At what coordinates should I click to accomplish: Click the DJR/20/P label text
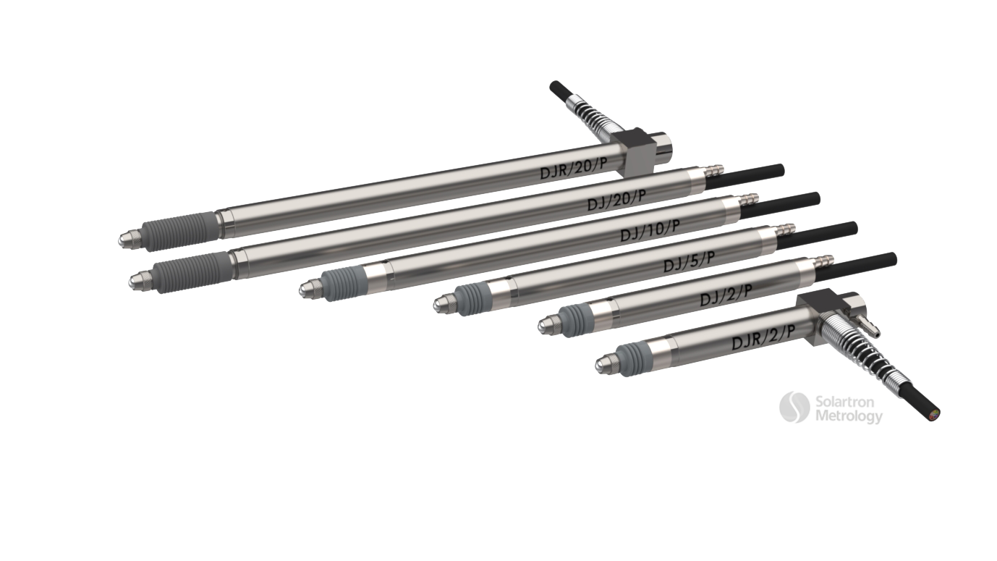tap(573, 168)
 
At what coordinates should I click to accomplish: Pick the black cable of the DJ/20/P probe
tap(744, 177)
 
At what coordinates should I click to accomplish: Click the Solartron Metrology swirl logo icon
tap(794, 408)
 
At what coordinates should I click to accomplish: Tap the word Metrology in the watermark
tap(849, 417)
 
